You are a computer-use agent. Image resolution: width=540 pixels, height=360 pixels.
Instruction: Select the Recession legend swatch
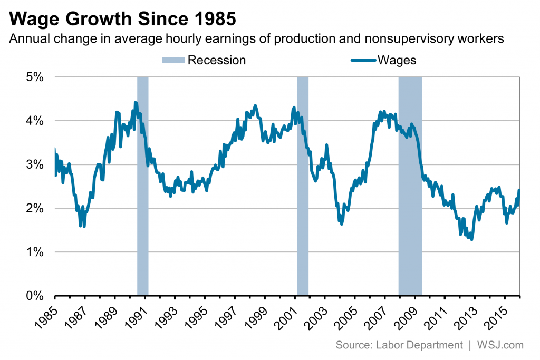pos(173,60)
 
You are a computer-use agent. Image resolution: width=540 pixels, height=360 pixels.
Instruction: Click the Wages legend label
pos(397,60)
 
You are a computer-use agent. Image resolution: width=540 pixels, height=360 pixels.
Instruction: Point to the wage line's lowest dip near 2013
pos(471,239)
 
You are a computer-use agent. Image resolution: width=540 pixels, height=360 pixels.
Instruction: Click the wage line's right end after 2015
pos(519,190)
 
